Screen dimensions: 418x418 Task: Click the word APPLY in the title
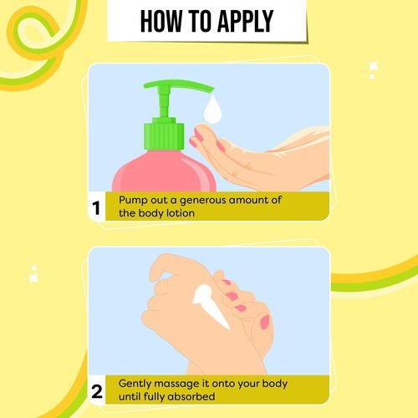[x=236, y=20]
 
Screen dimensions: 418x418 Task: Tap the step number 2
[x=97, y=390]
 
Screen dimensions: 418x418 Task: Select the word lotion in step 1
[x=182, y=214]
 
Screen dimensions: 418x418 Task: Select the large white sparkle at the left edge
[x=34, y=271]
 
